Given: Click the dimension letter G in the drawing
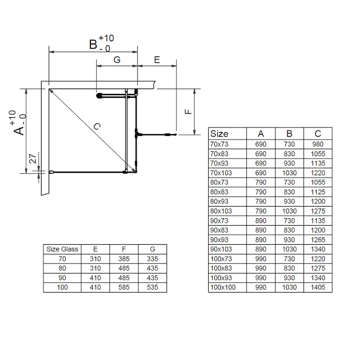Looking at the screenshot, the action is tap(117, 60).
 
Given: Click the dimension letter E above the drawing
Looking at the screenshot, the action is tap(157, 60).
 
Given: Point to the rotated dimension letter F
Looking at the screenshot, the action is tap(188, 112).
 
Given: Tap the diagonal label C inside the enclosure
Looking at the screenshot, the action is tap(97, 126).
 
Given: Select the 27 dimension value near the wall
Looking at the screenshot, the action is tap(33, 159).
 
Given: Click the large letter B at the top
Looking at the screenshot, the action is tap(93, 44).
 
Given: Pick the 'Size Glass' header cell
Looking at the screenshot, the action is tap(62, 249).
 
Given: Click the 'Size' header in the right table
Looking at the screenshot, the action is tap(219, 133).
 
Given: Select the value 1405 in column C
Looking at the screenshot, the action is tap(318, 287).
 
